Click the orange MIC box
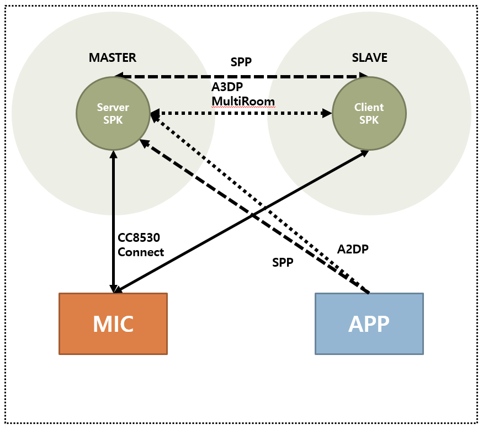point(113,324)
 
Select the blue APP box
point(369,324)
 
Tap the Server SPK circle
point(113,113)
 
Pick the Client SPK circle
point(369,113)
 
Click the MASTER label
point(112,58)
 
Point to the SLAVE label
point(369,58)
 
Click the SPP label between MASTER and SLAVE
point(241,62)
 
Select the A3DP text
point(226,87)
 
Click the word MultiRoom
point(243,101)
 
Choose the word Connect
point(141,252)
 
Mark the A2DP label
point(353,249)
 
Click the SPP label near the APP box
point(283,263)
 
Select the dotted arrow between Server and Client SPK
point(241,114)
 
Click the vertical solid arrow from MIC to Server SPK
point(113,221)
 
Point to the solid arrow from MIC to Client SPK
point(243,221)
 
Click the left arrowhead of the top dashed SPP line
point(118,76)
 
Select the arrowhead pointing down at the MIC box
point(113,289)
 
